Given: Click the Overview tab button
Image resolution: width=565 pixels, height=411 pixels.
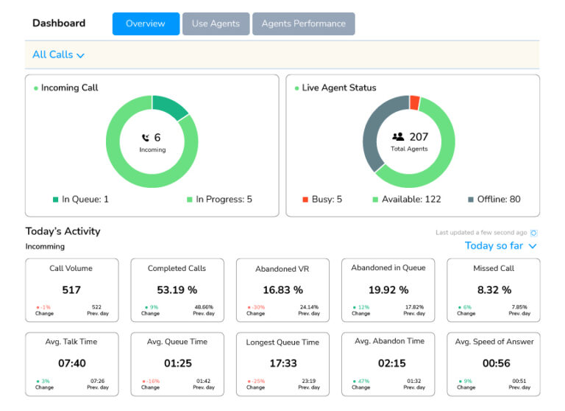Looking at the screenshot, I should [x=146, y=24].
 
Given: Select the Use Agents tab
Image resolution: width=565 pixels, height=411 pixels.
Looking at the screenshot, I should [x=216, y=24].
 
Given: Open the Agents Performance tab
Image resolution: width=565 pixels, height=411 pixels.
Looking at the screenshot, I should [x=303, y=24].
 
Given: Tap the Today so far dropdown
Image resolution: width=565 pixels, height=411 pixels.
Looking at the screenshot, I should [x=501, y=245].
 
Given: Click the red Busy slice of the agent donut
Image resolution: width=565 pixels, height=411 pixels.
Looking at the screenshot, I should [x=414, y=103].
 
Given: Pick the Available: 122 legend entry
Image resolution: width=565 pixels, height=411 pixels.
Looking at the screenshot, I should [x=407, y=199].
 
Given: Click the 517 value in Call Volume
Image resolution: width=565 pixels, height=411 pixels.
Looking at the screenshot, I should [x=71, y=290].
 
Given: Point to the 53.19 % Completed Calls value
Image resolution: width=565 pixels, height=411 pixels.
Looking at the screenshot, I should [x=177, y=290].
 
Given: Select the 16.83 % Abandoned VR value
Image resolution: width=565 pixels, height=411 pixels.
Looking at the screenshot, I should [x=282, y=290].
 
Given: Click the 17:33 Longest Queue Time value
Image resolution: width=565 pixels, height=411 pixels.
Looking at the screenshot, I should [x=282, y=363].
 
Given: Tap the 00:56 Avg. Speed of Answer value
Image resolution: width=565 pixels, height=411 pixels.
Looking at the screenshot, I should [x=493, y=363].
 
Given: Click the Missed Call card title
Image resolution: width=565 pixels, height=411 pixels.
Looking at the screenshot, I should [x=493, y=268].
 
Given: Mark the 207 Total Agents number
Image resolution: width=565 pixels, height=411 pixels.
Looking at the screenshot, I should [x=419, y=137].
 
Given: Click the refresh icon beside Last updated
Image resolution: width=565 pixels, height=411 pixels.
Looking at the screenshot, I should [x=534, y=233].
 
